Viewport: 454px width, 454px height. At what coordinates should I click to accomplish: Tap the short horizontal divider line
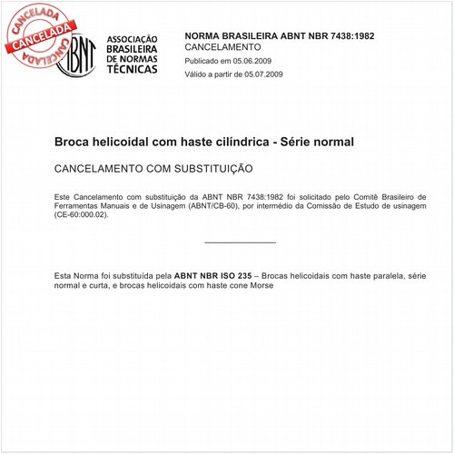pyautogui.click(x=240, y=242)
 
